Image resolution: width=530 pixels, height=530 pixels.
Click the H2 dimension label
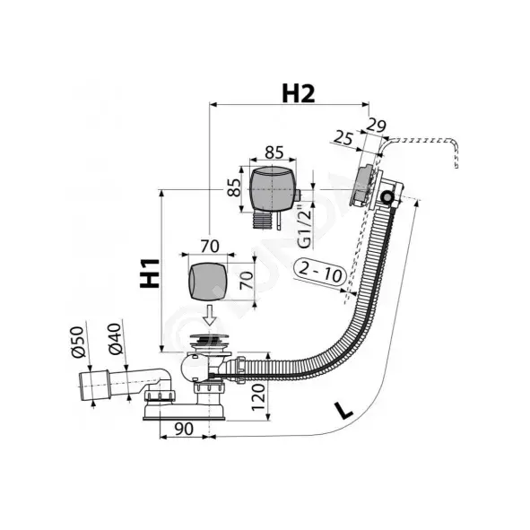pyautogui.click(x=298, y=93)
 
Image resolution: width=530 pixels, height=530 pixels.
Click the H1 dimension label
pyautogui.click(x=150, y=274)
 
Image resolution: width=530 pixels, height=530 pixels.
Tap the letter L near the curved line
pyautogui.click(x=343, y=410)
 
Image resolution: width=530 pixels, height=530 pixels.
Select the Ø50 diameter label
pyautogui.click(x=77, y=342)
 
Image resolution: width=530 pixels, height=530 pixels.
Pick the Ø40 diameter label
pyautogui.click(x=115, y=339)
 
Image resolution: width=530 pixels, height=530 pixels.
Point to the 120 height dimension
pyautogui.click(x=258, y=397)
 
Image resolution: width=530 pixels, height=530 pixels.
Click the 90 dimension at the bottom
pyautogui.click(x=184, y=429)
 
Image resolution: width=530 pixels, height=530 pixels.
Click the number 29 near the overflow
pyautogui.click(x=377, y=126)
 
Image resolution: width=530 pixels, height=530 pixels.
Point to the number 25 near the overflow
pyautogui.click(x=344, y=138)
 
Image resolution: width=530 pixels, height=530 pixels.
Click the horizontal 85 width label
pyautogui.click(x=274, y=152)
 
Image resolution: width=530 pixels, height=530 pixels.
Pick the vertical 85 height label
pyautogui.click(x=234, y=187)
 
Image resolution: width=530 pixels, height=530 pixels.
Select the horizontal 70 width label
pyautogui.click(x=210, y=246)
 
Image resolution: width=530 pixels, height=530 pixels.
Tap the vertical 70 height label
pyautogui.click(x=247, y=280)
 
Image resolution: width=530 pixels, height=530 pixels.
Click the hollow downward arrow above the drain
pyautogui.click(x=210, y=315)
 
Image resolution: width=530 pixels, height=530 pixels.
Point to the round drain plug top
pyautogui.click(x=209, y=338)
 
